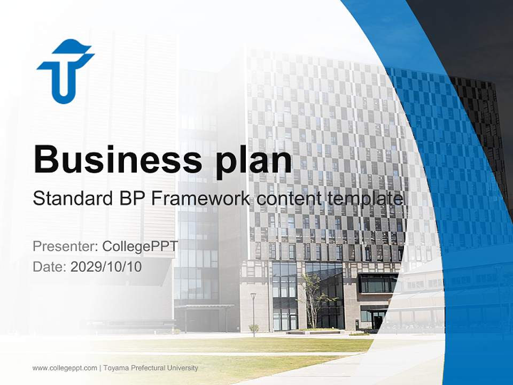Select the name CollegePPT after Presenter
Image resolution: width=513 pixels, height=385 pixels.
(140, 247)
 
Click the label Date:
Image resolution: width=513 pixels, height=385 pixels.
(50, 266)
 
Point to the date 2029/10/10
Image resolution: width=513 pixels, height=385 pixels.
(106, 266)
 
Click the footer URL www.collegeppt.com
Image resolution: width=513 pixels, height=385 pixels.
(65, 368)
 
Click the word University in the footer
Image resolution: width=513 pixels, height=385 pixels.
(183, 368)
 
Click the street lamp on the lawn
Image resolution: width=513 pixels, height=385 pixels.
(253, 313)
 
